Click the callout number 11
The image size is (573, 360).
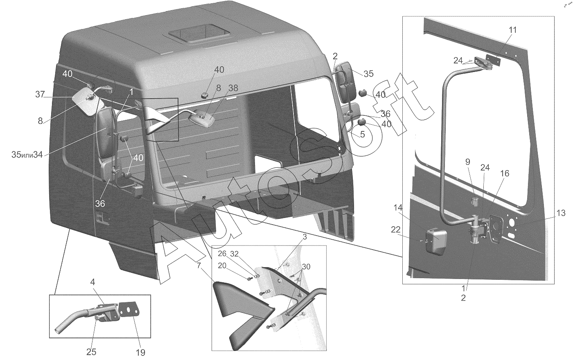pos(513,30)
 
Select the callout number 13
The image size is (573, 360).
pos(560,213)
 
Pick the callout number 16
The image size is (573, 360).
pos(505,173)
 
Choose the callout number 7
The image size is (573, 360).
pos(199,266)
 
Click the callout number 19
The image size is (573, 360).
pos(140,352)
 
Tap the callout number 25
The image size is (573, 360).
pos(92,352)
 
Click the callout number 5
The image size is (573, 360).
pos(362,134)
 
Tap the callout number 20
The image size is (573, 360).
pos(222,265)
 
